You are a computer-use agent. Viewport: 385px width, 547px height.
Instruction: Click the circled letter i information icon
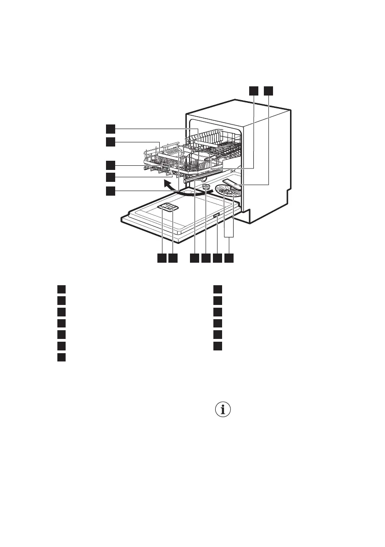point(223,410)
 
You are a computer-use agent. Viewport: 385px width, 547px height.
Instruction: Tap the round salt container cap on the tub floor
point(206,186)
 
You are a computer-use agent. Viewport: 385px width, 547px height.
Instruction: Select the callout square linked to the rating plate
point(217,259)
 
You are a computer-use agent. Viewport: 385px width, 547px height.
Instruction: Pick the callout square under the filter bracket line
point(229,259)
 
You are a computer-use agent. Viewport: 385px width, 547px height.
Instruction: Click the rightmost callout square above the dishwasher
point(268,91)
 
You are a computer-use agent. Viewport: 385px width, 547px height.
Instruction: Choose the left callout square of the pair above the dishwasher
point(254,91)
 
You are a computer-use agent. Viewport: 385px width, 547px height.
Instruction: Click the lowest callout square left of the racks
point(110,191)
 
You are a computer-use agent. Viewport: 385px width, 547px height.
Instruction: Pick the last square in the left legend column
point(61,357)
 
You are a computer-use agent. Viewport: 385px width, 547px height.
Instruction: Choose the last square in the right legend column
point(218,345)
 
